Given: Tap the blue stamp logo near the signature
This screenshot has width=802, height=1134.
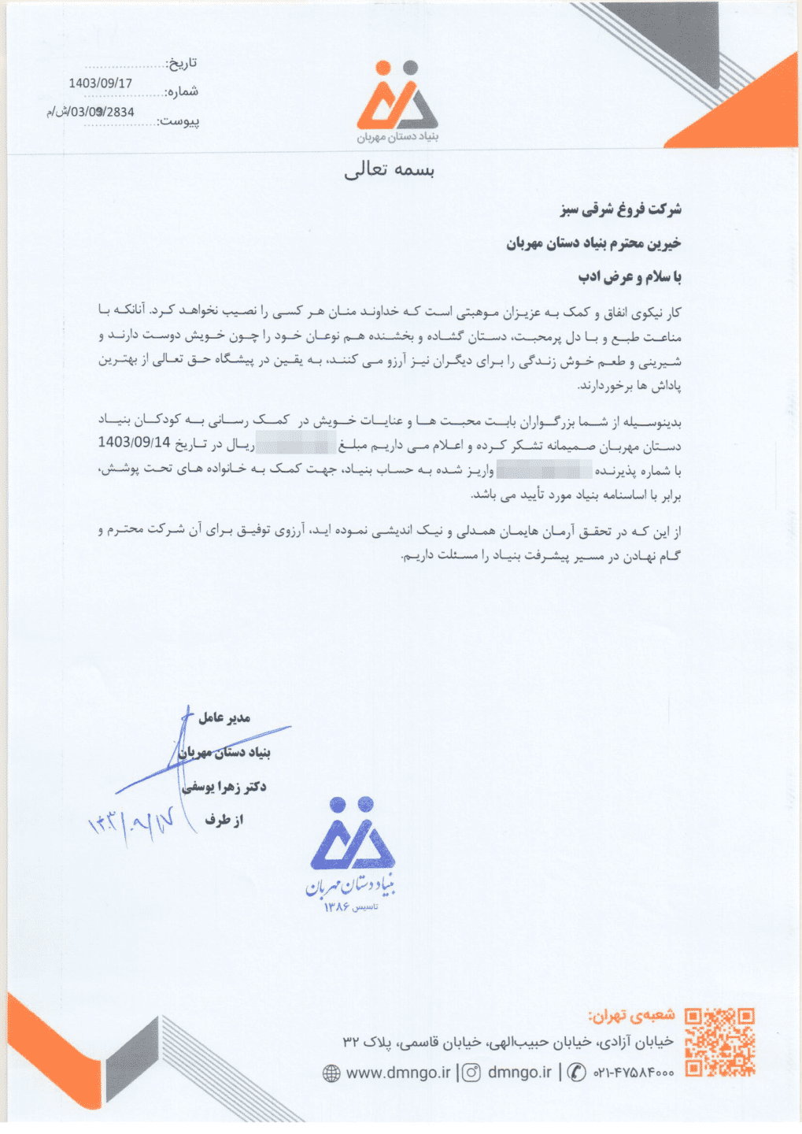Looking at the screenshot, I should point(352,847).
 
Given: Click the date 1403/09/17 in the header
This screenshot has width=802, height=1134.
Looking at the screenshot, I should point(100,83).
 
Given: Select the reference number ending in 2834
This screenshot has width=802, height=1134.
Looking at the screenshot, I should point(91,112).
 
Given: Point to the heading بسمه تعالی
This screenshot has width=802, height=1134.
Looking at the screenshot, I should point(390,171).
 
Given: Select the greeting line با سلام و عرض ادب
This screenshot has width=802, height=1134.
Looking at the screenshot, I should point(630,277).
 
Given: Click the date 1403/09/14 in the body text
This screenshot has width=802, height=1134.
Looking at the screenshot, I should point(134,443).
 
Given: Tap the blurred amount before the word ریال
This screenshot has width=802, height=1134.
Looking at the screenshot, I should point(296,443).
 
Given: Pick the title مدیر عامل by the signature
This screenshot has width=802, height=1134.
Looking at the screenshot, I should point(224,717).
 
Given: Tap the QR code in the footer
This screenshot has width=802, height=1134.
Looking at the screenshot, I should point(719,1042).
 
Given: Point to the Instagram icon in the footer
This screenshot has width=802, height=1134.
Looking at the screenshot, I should point(471,1073).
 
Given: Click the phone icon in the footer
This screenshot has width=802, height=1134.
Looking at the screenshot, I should point(577,1073).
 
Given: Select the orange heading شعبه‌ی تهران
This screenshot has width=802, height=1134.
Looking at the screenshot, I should point(631,1014).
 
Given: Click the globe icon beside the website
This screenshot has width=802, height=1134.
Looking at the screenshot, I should point(332,1073).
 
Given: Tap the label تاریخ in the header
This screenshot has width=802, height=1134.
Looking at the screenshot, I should point(182,63).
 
